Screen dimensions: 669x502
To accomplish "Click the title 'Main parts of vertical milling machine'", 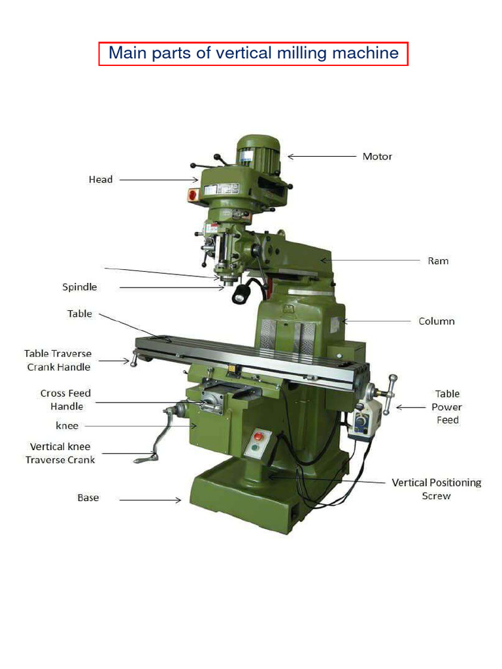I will [254, 53].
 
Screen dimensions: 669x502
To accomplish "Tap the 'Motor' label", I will [377, 157].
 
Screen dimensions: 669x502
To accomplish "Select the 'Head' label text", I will [101, 179].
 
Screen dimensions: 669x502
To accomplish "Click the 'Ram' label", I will [438, 261].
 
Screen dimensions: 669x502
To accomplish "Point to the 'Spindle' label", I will [80, 287].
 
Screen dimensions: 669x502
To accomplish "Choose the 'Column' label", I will [437, 321].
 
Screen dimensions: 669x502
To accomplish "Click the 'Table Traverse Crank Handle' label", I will [58, 360].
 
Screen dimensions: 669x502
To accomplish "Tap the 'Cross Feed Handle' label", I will [66, 400].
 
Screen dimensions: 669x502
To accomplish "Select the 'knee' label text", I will [67, 426].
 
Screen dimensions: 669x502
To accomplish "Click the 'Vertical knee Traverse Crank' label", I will [60, 453].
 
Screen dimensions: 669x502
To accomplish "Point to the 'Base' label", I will [88, 498].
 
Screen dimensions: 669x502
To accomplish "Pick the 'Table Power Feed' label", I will [447, 406].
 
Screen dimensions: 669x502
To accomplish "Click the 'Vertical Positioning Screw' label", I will [436, 489].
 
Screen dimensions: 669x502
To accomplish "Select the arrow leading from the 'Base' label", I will [150, 500].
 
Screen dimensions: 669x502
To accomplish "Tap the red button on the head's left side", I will [193, 193].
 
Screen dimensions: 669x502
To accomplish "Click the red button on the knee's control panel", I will [257, 436].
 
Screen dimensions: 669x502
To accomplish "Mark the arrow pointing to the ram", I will [369, 260].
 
